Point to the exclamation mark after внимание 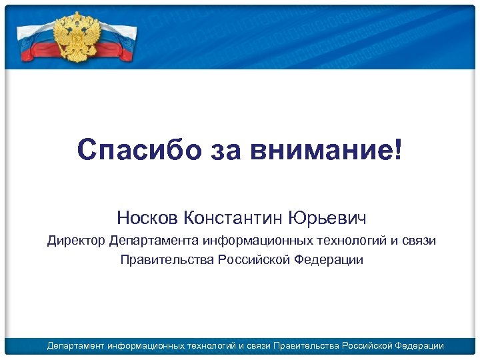tap(398, 149)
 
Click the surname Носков tap(147, 217)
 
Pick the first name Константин tap(233, 217)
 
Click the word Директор tap(75, 241)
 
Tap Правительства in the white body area tap(166, 259)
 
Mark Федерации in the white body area tap(328, 259)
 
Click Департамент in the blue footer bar tap(75, 345)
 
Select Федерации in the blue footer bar tap(419, 345)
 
